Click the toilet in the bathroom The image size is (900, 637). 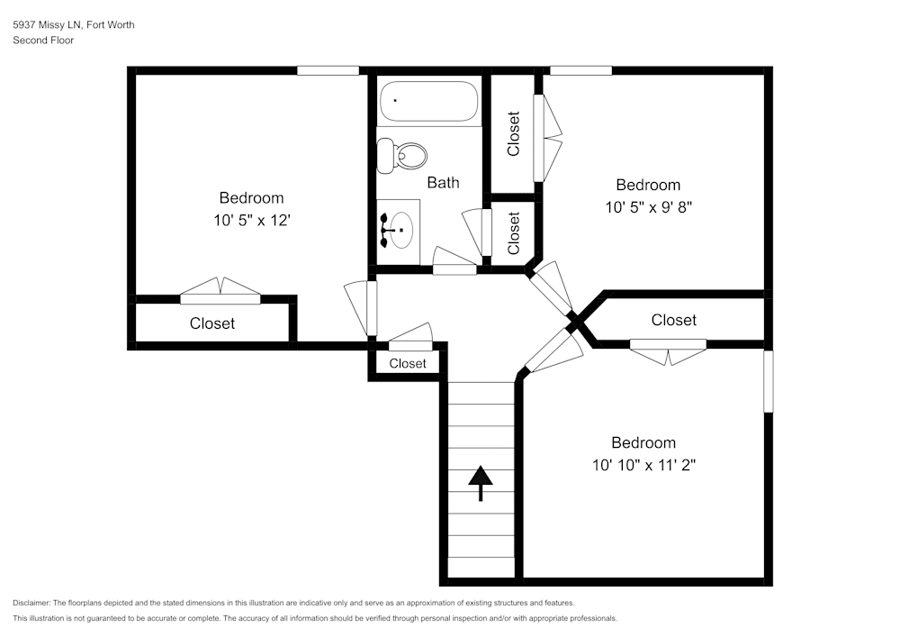point(401,155)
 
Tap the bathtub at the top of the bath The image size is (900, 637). point(428,101)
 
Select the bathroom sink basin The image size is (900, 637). point(401,230)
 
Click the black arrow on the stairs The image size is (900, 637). point(481,483)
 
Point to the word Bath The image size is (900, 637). point(443,183)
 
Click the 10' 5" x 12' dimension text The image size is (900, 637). point(252,220)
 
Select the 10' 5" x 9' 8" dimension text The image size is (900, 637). point(649,207)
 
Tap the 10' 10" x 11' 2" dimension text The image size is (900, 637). point(644,465)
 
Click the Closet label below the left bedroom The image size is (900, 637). point(212,323)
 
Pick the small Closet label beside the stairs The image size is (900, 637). point(408,363)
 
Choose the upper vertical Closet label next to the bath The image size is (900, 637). point(514,133)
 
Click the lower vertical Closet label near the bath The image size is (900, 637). point(514,233)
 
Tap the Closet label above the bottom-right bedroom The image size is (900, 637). point(674,320)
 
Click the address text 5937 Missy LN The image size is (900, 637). point(49,24)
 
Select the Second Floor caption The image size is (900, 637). point(43,41)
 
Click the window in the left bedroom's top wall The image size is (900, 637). point(328,70)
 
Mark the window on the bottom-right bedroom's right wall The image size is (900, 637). point(768,381)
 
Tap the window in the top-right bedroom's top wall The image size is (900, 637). point(580,70)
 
